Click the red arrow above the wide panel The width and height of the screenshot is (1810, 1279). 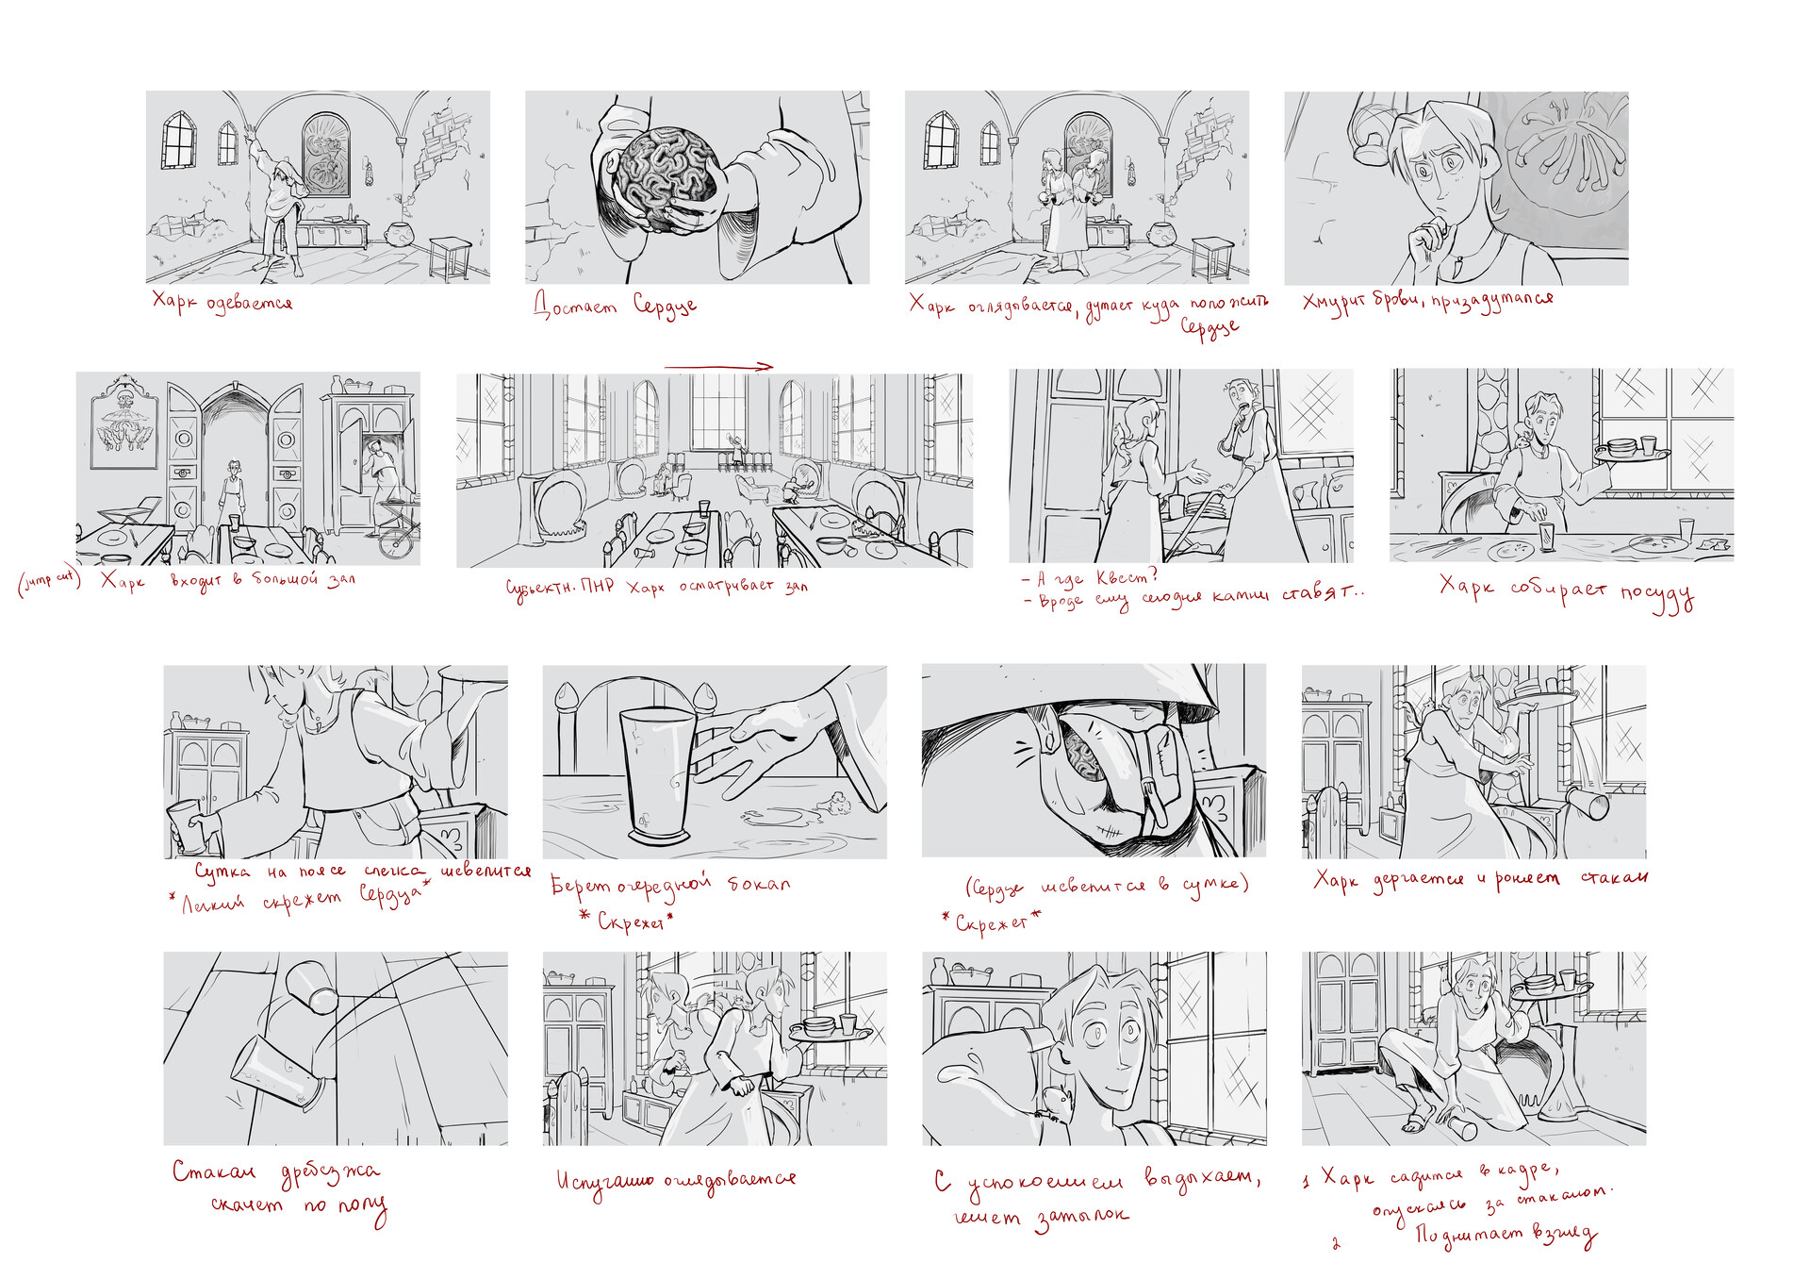tap(718, 367)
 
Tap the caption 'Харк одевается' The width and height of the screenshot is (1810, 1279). tap(222, 302)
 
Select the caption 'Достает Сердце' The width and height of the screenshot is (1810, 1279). tap(615, 305)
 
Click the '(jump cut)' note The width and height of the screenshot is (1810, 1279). tap(49, 580)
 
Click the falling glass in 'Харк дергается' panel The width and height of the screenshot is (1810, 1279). tap(1587, 804)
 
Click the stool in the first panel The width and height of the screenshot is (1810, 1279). tap(450, 257)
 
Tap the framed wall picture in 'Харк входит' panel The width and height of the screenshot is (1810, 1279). tap(124, 423)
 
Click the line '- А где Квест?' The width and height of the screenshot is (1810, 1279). tap(1089, 577)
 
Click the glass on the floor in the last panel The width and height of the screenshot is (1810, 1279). tap(1461, 1127)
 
